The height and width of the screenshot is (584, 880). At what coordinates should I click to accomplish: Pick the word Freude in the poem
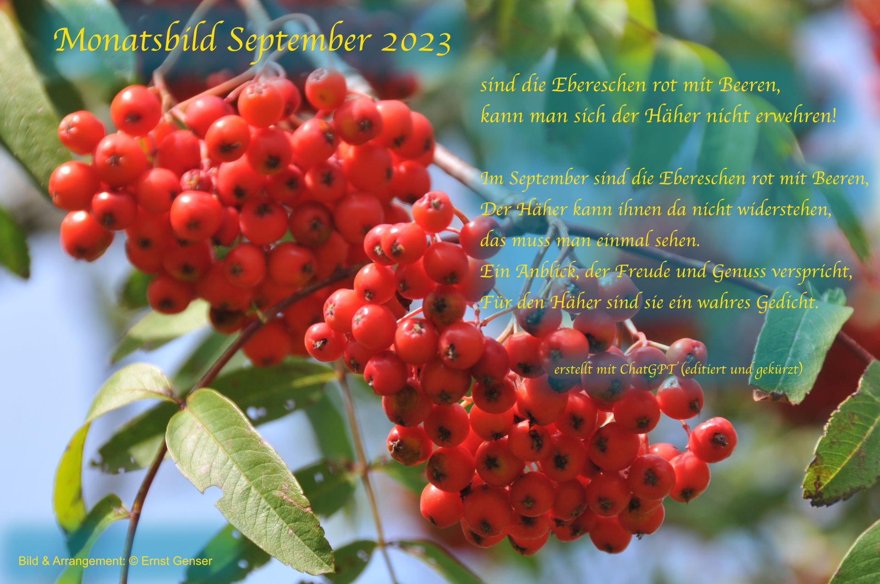(643, 271)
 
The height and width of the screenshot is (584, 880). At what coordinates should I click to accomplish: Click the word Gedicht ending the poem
(787, 303)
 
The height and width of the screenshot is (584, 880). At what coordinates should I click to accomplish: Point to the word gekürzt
(779, 369)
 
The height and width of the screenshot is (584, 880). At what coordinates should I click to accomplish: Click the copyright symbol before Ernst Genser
(133, 561)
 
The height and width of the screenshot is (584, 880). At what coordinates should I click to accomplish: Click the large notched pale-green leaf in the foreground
(247, 477)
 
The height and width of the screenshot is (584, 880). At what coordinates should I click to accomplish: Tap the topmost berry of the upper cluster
(326, 89)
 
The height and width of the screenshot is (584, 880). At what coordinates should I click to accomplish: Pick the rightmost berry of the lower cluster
(713, 440)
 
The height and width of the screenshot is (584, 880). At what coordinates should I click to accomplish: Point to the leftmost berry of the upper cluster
(73, 185)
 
